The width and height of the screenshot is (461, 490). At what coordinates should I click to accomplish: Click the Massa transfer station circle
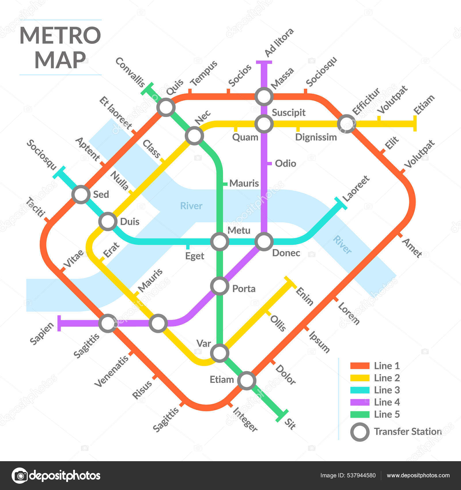[264, 97]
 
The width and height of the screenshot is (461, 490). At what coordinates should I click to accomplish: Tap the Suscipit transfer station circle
[264, 124]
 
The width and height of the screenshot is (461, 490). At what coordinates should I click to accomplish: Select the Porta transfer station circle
[220, 286]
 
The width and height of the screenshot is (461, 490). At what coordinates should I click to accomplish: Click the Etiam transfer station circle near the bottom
[247, 380]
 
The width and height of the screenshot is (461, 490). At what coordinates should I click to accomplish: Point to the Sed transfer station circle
[81, 195]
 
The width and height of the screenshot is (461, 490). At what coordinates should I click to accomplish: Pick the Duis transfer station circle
[108, 221]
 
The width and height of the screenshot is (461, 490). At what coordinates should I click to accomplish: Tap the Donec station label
[286, 253]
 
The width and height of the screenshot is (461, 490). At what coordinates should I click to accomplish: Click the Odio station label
[285, 163]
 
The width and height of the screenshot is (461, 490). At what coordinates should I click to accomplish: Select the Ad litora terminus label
[279, 43]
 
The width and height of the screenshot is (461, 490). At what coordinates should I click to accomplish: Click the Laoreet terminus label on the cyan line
[356, 189]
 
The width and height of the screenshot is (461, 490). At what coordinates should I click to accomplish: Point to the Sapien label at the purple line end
[42, 333]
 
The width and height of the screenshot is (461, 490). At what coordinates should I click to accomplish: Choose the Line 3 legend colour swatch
[360, 390]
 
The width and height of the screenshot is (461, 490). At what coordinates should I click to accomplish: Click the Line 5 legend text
[387, 414]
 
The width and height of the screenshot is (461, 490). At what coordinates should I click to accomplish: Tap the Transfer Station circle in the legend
[360, 432]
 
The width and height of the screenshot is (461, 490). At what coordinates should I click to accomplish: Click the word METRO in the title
[60, 35]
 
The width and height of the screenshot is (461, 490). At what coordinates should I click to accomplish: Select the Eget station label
[194, 256]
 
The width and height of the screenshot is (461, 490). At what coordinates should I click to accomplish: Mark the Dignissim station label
[316, 137]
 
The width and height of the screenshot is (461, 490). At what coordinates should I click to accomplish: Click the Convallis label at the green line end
[130, 72]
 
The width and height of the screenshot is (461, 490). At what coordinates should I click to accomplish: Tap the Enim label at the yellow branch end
[305, 296]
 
